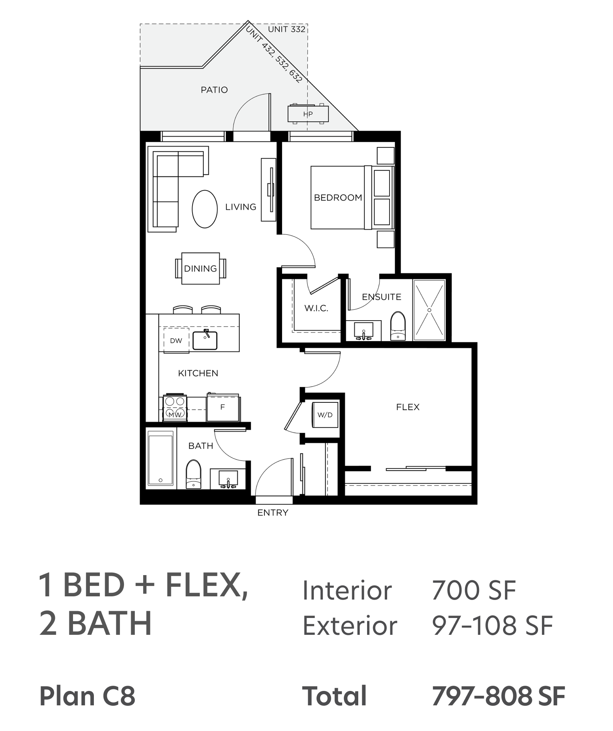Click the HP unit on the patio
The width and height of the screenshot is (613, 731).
tap(308, 114)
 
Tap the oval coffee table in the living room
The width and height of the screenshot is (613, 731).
tap(205, 209)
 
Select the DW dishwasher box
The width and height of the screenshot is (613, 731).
tap(176, 340)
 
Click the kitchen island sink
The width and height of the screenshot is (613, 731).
tap(205, 340)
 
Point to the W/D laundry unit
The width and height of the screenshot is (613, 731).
tap(325, 415)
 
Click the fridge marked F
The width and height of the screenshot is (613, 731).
tap(223, 407)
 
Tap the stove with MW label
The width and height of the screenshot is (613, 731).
tap(175, 407)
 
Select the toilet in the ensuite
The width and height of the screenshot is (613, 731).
tap(398, 326)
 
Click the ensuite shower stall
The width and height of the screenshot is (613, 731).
tap(429, 310)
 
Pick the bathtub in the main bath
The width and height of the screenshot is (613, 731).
tap(160, 459)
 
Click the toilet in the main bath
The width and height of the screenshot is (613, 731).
tap(194, 474)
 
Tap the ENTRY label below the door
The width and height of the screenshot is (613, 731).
tap(273, 513)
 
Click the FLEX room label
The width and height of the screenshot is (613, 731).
tap(408, 407)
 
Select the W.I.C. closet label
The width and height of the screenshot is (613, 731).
tap(316, 308)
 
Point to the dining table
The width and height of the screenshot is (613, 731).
tap(201, 269)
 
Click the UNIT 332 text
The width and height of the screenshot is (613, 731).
tap(287, 29)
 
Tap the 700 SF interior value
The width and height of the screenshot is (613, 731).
tap(474, 590)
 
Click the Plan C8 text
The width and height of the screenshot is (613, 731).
tap(87, 696)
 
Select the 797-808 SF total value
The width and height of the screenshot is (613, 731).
tap(499, 696)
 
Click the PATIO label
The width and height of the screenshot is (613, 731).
tap(214, 90)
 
